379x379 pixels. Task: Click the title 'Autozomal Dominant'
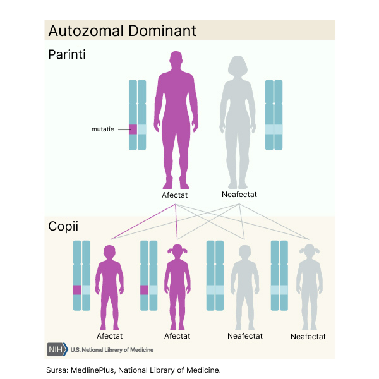pos(123,31)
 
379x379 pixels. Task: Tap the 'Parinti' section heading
pos(67,55)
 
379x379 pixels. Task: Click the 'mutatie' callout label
pos(103,129)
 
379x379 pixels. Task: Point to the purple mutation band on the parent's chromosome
pos(133,129)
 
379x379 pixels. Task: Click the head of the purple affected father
pos(177,61)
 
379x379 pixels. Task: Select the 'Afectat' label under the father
pos(174,195)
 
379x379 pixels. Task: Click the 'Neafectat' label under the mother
pos(239,195)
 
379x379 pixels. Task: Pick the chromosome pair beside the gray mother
pos(274,115)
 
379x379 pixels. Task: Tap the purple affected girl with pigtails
pos(177,284)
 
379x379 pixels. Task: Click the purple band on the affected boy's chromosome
pos(77,290)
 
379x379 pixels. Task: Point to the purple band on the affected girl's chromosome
pos(144,290)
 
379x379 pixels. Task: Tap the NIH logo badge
pos(56,349)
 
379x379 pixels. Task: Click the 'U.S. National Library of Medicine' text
pos(112,349)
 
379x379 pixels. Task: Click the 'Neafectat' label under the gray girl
pos(308,337)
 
